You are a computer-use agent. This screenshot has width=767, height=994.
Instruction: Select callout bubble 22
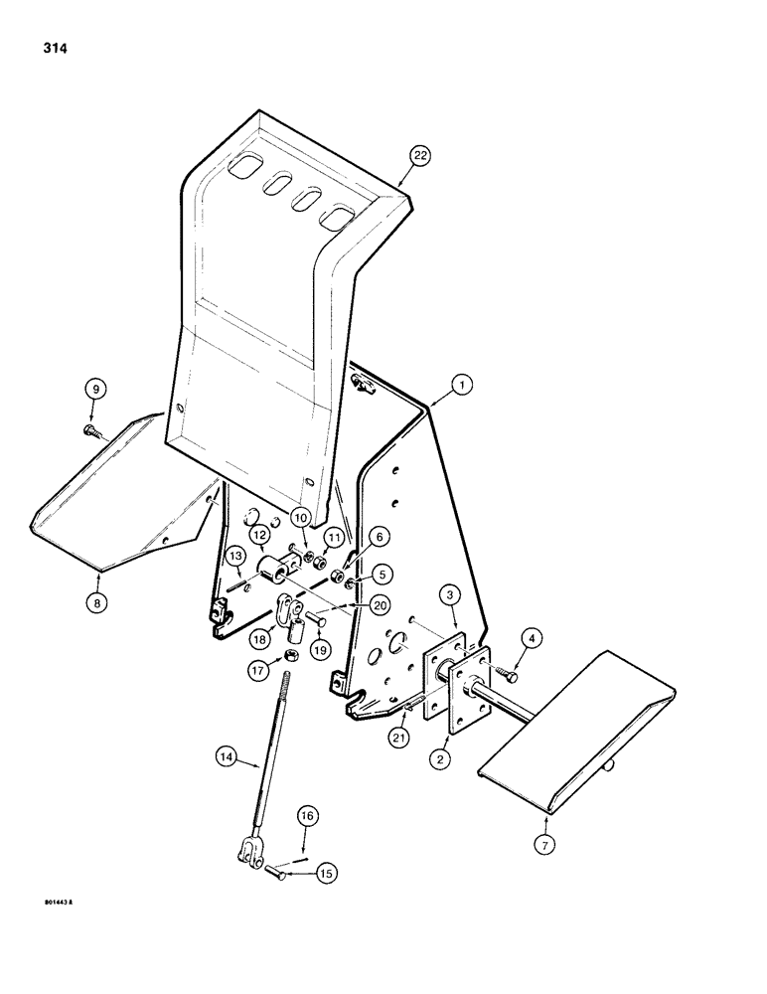(x=421, y=155)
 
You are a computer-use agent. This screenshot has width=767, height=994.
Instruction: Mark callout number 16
(x=308, y=815)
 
